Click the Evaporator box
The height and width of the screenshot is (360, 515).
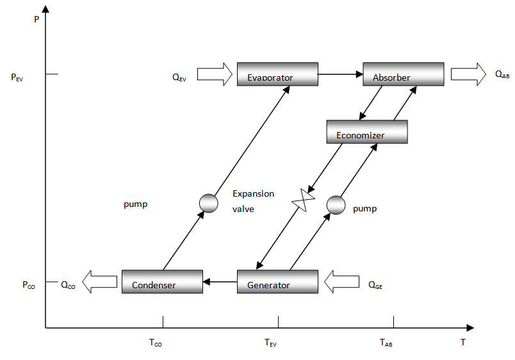pos(277,74)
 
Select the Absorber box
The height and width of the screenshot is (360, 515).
pos(404,74)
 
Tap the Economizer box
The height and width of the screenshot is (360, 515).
pos(367,132)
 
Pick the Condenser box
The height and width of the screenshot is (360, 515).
pos(162,282)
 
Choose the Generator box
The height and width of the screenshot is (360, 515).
pos(277,282)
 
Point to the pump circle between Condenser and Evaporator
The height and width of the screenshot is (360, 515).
pos(209,203)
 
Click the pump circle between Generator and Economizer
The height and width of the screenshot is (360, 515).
pos(336,205)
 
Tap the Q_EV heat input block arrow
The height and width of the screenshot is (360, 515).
pos(214,74)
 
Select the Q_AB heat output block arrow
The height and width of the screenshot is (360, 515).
pos(468,74)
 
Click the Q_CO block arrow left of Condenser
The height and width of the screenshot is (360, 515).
pos(99,282)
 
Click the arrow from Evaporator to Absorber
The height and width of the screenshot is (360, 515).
pos(340,74)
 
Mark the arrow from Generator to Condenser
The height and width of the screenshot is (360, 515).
pos(220,282)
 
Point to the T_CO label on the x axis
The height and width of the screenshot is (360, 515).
pos(156,343)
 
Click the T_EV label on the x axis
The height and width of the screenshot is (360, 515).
pos(271,343)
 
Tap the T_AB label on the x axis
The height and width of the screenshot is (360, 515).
pos(386,343)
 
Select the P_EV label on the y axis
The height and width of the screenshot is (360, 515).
pos(17,78)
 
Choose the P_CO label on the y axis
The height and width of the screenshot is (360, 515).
pos(28,285)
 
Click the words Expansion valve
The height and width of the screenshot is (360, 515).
pos(253,200)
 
